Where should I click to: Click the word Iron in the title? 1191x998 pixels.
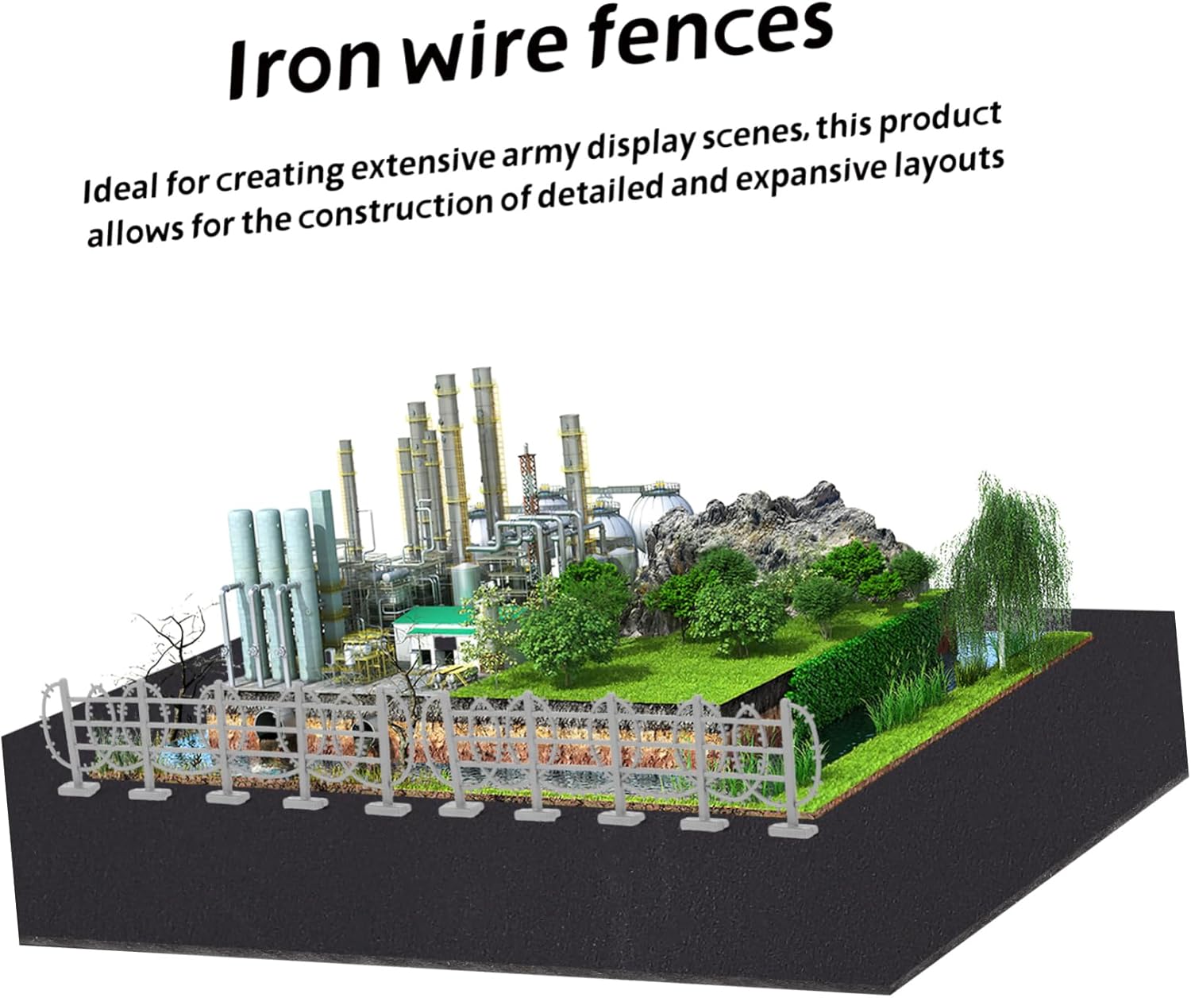[x=304, y=68]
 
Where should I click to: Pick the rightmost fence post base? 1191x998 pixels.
[x=792, y=829]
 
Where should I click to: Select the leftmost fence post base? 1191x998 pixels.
[x=79, y=788]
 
